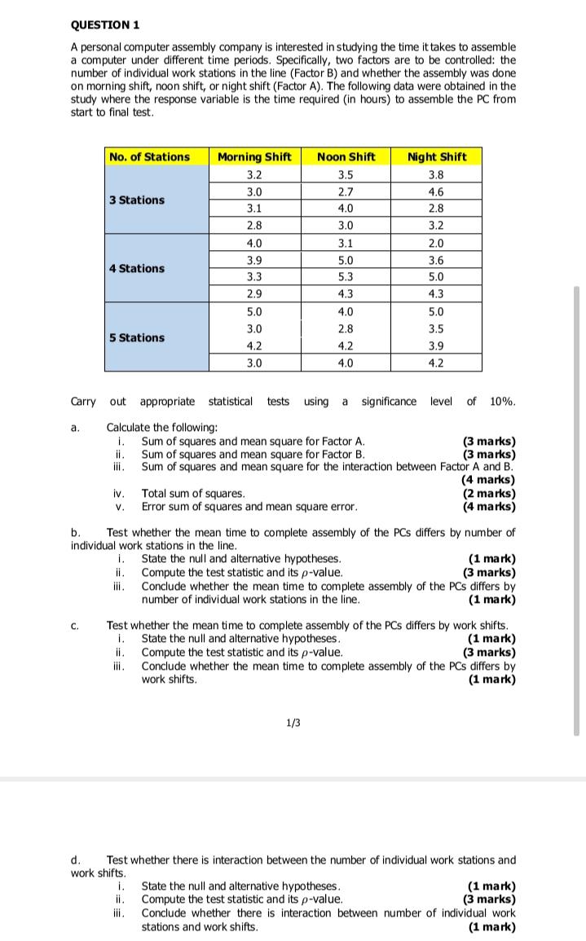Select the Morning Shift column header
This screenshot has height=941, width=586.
pyautogui.click(x=254, y=156)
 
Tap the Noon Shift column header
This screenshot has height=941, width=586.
pyautogui.click(x=346, y=156)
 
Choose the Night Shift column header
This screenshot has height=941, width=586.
pyautogui.click(x=436, y=156)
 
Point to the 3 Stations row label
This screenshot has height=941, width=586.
pyautogui.click(x=137, y=200)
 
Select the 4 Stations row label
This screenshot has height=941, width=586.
pyautogui.click(x=137, y=268)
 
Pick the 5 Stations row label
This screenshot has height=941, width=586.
pyautogui.click(x=137, y=337)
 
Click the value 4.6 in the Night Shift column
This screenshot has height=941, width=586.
pyautogui.click(x=436, y=192)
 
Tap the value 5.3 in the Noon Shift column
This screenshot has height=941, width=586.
pyautogui.click(x=346, y=277)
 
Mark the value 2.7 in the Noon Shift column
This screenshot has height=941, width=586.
pyautogui.click(x=346, y=192)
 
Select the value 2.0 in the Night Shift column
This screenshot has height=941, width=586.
pyautogui.click(x=436, y=243)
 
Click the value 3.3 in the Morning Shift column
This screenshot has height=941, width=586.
pyautogui.click(x=254, y=277)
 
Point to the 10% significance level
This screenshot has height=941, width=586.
pyautogui.click(x=502, y=401)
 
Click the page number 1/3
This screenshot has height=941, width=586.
pyautogui.click(x=293, y=723)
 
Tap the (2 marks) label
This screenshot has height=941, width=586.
pyautogui.click(x=489, y=493)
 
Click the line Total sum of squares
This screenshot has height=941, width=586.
pyautogui.click(x=193, y=493)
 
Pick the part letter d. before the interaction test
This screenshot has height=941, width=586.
pyautogui.click(x=76, y=860)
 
